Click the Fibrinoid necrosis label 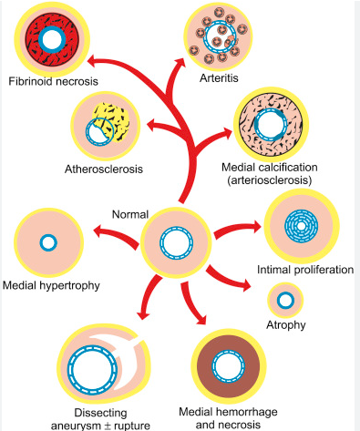click(53, 81)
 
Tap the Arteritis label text click(219, 78)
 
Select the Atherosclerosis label click(104, 169)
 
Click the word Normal click(130, 214)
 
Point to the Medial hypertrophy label click(51, 285)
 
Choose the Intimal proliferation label click(305, 270)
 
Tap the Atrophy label click(286, 325)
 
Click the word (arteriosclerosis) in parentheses click(270, 180)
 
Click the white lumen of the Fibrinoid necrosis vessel click(52, 40)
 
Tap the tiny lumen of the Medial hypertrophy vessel click(48, 243)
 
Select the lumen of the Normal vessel click(177, 243)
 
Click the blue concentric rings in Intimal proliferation click(301, 226)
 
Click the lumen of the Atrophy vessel click(285, 301)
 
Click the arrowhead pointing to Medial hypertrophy click(99, 231)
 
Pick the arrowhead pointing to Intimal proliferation click(256, 226)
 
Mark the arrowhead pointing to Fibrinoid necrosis click(93, 60)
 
